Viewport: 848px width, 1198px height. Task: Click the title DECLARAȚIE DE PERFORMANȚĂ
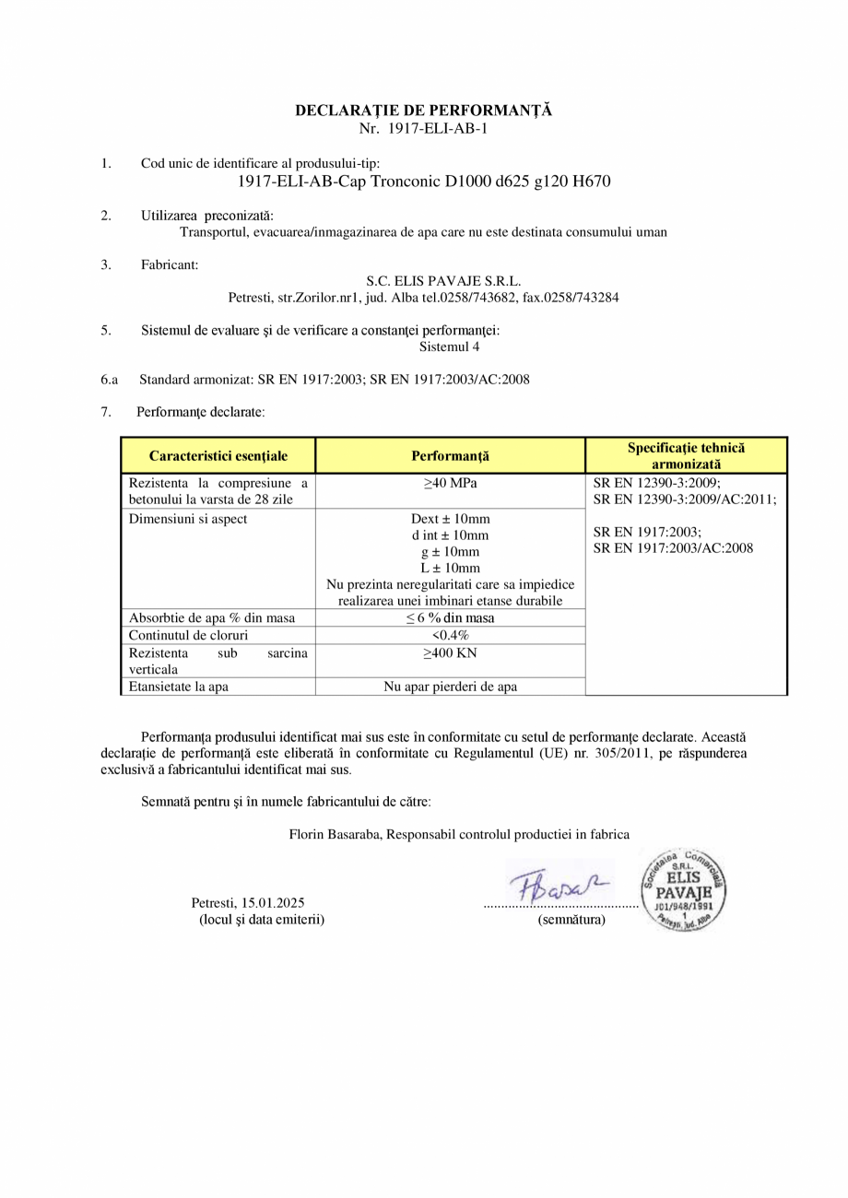click(423, 111)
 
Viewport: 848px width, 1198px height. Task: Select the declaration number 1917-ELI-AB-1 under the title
click(423, 128)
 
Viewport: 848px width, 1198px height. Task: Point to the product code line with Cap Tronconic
click(424, 182)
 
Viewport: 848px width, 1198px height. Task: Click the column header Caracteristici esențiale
click(218, 456)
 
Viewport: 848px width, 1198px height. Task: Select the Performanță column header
click(450, 456)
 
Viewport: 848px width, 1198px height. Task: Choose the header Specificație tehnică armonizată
click(686, 456)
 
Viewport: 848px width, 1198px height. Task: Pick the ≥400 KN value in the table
click(450, 653)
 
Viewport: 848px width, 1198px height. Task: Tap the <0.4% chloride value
click(450, 636)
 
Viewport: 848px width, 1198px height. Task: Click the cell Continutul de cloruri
click(189, 636)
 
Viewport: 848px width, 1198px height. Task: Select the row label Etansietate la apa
click(179, 687)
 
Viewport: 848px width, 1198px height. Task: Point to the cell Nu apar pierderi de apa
click(450, 687)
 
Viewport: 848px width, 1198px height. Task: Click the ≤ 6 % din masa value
click(450, 618)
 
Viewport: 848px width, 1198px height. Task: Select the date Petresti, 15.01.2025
click(248, 902)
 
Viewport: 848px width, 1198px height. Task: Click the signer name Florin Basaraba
click(334, 835)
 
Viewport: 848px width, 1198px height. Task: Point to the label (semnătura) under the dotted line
click(571, 920)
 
